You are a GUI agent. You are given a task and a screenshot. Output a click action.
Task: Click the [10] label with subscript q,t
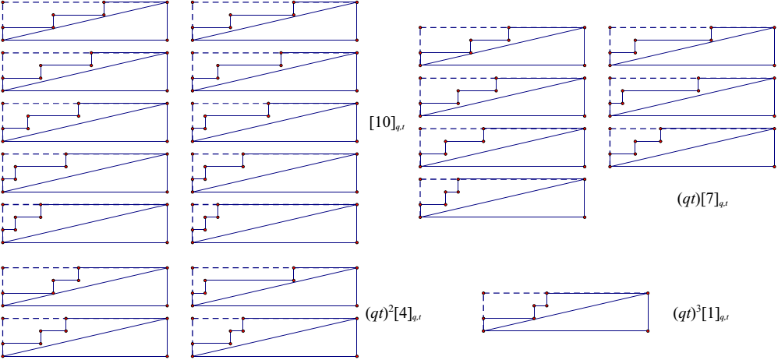click(x=386, y=124)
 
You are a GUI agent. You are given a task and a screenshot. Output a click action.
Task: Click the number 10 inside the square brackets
click(x=382, y=122)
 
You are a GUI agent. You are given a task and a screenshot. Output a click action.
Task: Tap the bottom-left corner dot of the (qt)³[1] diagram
click(x=483, y=331)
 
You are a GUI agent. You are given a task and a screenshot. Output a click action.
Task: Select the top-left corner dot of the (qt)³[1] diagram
click(x=483, y=294)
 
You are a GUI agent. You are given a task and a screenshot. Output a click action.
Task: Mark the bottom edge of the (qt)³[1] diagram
click(x=566, y=331)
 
